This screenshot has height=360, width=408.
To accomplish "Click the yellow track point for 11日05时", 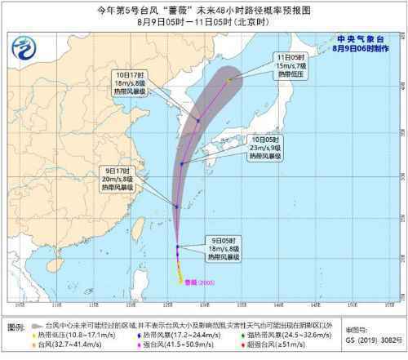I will coord(229,79).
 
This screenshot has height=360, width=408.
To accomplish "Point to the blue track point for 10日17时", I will coord(197,121).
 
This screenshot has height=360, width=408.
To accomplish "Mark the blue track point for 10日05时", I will coord(183,164).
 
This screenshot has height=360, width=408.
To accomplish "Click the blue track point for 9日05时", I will coord(177,247).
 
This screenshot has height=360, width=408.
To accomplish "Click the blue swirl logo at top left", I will coord(32,42).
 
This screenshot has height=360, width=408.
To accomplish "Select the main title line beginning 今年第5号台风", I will coord(204,10).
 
